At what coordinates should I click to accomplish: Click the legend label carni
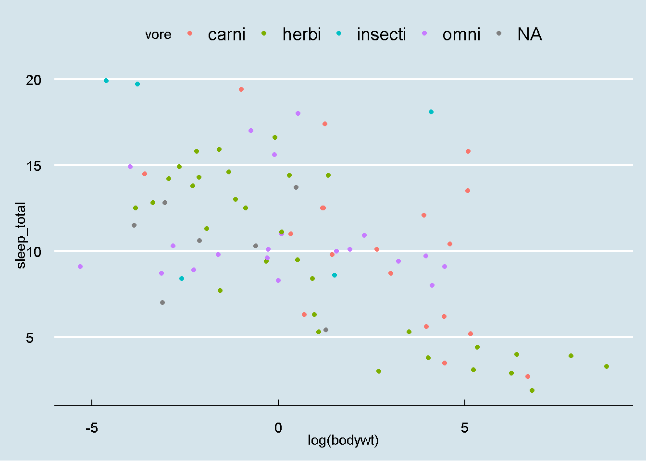tap(226, 35)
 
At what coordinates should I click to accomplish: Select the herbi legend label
tap(301, 35)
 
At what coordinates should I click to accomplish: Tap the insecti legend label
tap(381, 35)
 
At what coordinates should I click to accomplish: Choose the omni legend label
tap(461, 35)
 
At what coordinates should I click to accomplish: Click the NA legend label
tap(530, 35)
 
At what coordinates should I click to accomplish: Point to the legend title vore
tap(158, 35)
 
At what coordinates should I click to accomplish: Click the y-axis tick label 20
tap(34, 80)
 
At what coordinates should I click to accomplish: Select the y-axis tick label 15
tap(34, 166)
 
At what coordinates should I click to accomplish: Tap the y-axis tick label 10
tap(34, 252)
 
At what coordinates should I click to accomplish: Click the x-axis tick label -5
tap(91, 427)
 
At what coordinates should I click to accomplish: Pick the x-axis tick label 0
tap(278, 427)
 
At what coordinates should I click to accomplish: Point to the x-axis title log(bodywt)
tap(343, 440)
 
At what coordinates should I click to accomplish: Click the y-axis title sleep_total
tap(21, 235)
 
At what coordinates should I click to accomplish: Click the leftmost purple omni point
tap(80, 267)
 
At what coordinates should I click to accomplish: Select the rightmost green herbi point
tap(607, 366)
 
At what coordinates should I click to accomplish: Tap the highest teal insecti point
tap(106, 81)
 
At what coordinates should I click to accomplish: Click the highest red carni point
tap(241, 89)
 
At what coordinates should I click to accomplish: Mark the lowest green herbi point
tap(532, 390)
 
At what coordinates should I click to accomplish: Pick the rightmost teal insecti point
tap(431, 112)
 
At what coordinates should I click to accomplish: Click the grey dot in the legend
tap(499, 33)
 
